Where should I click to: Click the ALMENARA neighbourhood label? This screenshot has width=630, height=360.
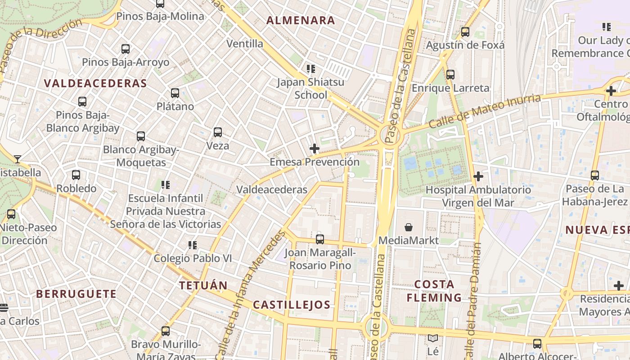tap(301, 20)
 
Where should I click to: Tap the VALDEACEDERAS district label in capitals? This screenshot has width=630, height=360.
tap(95, 83)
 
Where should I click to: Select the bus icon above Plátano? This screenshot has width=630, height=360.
tap(175, 93)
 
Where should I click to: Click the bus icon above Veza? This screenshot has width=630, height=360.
tap(218, 132)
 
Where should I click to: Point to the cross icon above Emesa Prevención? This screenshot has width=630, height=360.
tap(315, 148)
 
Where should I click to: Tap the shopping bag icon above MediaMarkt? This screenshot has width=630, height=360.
tap(409, 227)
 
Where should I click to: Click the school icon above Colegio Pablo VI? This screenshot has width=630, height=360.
tap(193, 245)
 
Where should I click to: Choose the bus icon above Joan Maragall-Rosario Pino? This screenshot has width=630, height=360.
tap(320, 239)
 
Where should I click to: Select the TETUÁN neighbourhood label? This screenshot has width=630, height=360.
tap(203, 285)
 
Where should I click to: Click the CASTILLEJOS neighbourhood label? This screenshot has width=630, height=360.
tap(292, 305)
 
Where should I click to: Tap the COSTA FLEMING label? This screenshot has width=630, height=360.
tap(434, 291)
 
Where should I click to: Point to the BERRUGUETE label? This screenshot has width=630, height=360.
tap(76, 294)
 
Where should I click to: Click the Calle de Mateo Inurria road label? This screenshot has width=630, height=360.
tap(484, 111)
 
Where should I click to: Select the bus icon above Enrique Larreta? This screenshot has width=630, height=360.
tap(450, 75)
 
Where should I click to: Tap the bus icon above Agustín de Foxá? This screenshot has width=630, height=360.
tap(465, 32)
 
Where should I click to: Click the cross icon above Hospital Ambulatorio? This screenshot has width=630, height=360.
tap(478, 176)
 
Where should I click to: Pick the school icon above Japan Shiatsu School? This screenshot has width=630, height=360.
tap(310, 69)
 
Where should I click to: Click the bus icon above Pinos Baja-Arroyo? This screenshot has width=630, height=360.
tap(126, 49)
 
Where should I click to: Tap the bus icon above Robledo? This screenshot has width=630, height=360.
tap(76, 175)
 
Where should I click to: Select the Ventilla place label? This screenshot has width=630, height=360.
tap(245, 44)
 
